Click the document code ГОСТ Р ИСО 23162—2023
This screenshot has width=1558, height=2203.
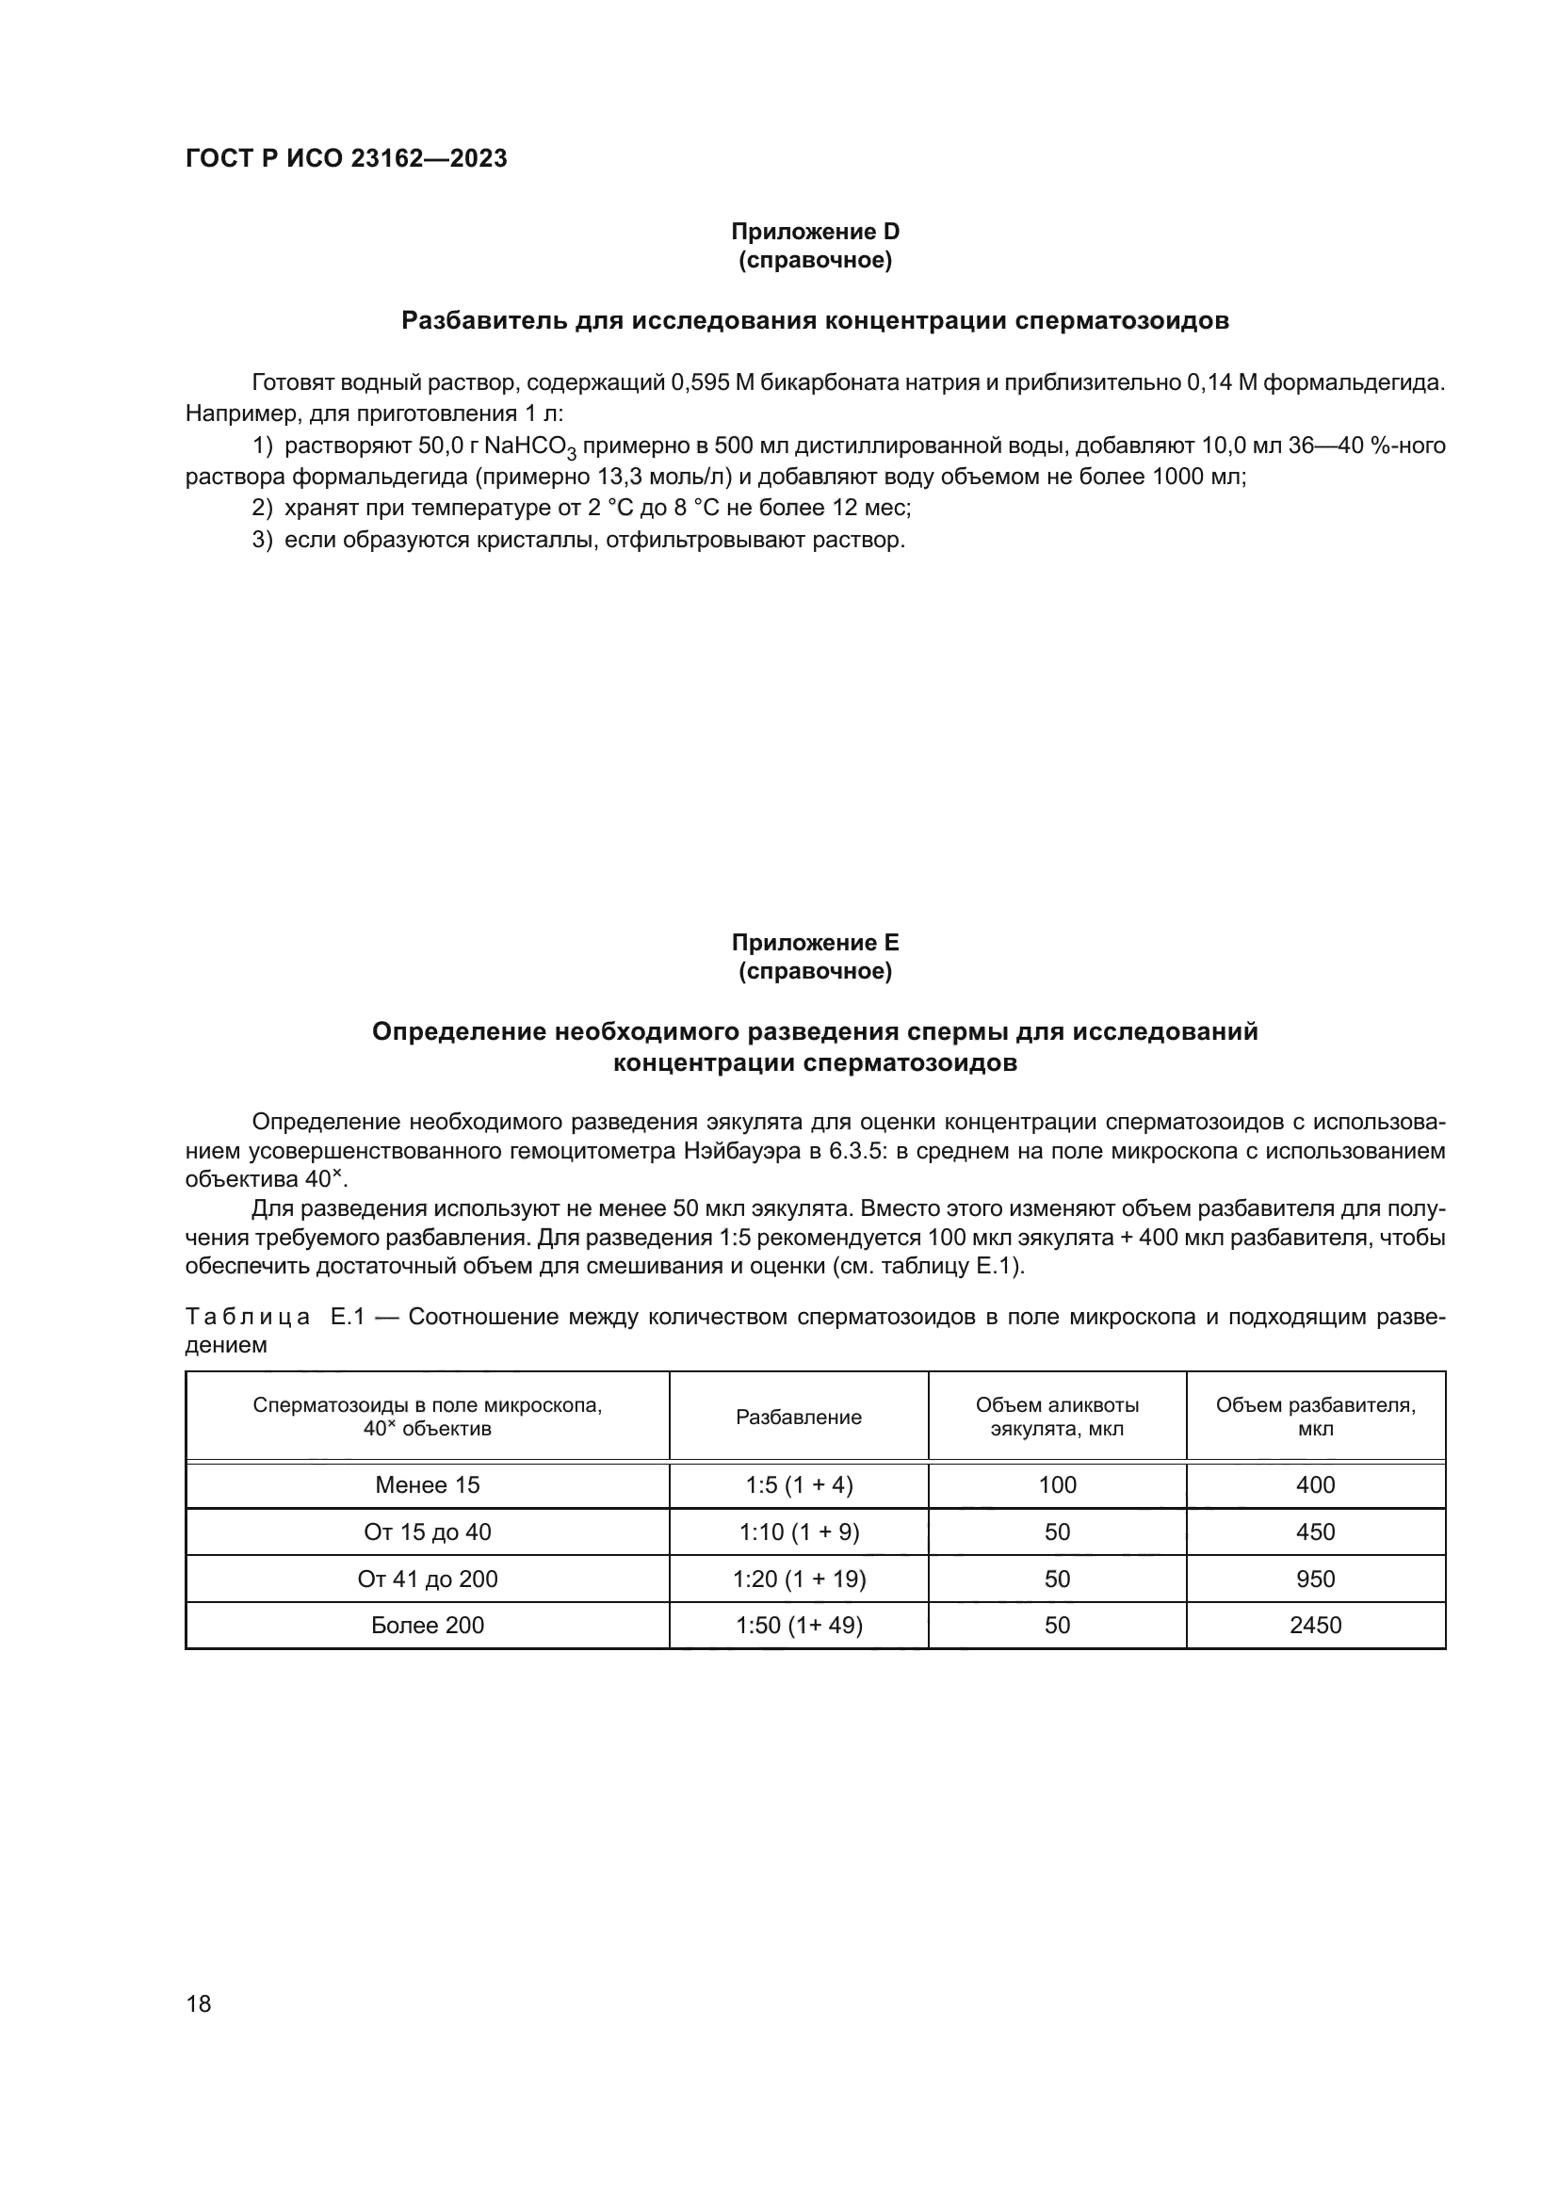(346, 159)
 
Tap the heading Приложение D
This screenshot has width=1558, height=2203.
(815, 232)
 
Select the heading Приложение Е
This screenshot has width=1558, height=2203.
(815, 942)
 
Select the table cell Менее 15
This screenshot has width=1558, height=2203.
(427, 1485)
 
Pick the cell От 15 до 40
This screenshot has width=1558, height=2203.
(427, 1532)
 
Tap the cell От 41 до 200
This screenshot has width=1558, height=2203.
(427, 1579)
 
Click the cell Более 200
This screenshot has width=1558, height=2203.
(427, 1626)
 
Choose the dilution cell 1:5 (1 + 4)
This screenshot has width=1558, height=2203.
(798, 1485)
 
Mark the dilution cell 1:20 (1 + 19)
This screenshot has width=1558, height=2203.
(798, 1579)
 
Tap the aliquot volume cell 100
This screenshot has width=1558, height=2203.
(1056, 1485)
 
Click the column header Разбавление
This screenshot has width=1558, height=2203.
(798, 1417)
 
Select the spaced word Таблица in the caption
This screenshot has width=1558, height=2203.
(248, 1318)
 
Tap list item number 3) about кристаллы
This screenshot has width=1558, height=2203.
(577, 541)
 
